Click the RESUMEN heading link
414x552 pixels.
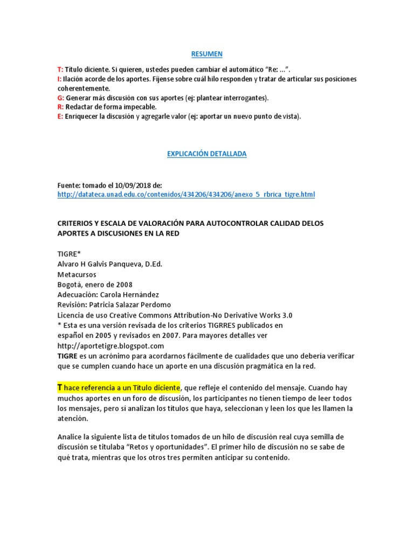(207, 54)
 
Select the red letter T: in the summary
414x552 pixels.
(60, 70)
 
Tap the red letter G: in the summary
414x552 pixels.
(61, 98)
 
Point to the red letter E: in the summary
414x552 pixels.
(60, 116)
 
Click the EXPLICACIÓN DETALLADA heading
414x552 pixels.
(207, 154)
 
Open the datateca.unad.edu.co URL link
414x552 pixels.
(186, 194)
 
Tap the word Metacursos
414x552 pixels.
(76, 274)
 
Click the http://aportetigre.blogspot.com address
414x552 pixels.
(110, 346)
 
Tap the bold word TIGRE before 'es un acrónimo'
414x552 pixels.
(68, 356)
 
